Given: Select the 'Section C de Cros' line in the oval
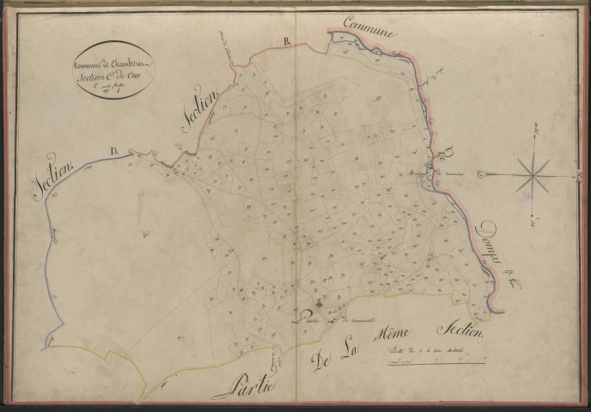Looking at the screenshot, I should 113,76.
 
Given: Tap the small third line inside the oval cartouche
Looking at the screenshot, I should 112,86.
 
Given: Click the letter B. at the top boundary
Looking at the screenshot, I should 288,40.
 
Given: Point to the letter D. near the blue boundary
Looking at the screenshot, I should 114,151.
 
